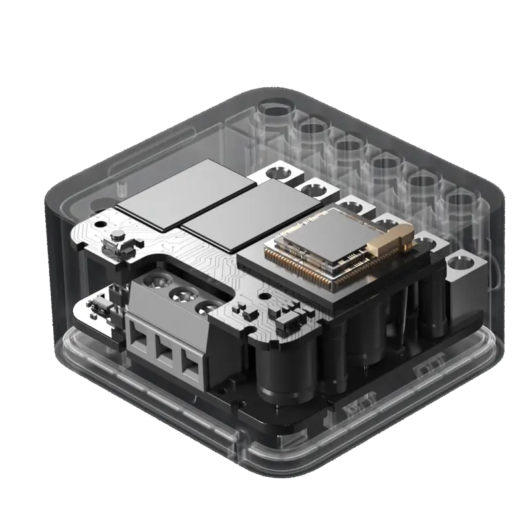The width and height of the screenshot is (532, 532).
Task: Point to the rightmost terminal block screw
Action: [208, 307]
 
